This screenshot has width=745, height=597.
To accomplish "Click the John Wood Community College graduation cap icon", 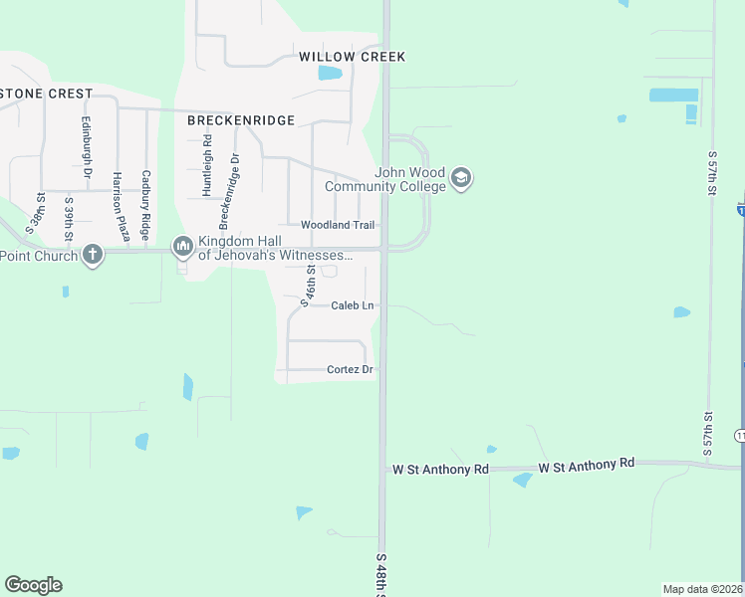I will tap(460, 179).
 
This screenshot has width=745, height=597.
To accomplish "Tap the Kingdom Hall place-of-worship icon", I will tap(182, 245).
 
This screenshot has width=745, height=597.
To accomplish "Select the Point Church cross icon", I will tap(93, 255).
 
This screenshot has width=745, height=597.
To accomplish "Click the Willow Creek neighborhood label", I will tap(353, 57).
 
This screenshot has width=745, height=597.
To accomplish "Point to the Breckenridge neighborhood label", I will tap(241, 120).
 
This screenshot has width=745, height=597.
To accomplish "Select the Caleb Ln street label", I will tap(353, 305).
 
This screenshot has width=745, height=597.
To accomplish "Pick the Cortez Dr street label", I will tap(350, 370).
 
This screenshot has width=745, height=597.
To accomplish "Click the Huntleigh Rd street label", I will tap(207, 164).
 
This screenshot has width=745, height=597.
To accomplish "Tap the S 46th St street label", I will tap(310, 284).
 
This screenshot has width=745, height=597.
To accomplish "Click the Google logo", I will tap(34, 584).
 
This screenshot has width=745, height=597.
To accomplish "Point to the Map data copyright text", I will tap(703, 589).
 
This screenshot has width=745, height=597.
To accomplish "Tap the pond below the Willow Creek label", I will tap(330, 74).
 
